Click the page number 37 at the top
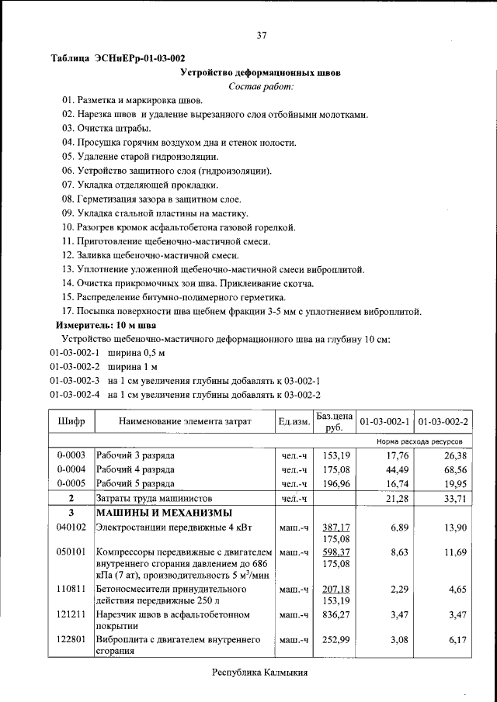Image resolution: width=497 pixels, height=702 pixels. click(261, 34)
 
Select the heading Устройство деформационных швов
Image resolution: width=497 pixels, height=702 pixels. click(260, 72)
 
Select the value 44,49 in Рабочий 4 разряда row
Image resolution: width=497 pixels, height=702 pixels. click(396, 469)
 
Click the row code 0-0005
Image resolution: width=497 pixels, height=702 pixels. click(71, 483)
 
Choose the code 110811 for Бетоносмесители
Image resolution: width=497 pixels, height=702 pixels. click(71, 590)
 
